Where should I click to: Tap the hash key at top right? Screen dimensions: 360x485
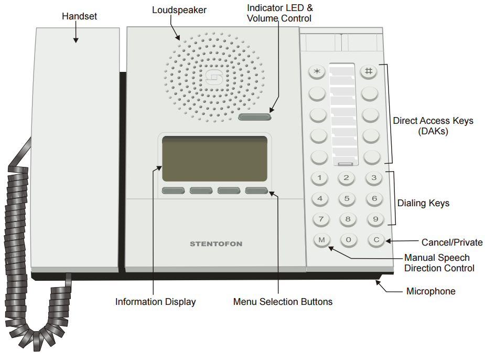click(x=369, y=71)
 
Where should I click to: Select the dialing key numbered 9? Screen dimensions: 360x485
click(x=373, y=219)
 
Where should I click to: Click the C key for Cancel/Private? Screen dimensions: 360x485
click(x=375, y=240)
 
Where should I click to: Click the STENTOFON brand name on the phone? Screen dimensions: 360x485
click(x=216, y=244)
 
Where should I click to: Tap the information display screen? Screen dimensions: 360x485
click(x=214, y=159)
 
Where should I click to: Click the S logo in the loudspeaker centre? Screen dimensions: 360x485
click(x=213, y=77)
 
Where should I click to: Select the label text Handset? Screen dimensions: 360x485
click(x=79, y=16)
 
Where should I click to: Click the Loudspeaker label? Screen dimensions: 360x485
click(x=179, y=10)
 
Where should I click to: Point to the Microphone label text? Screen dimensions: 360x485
click(x=431, y=291)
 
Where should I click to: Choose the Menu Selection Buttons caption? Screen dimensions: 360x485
click(x=283, y=302)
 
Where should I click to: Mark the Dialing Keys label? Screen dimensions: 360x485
click(x=423, y=203)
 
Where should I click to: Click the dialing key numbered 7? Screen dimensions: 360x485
click(x=321, y=219)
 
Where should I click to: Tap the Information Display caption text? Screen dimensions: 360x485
click(x=155, y=302)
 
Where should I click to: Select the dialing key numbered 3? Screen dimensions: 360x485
click(x=373, y=178)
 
